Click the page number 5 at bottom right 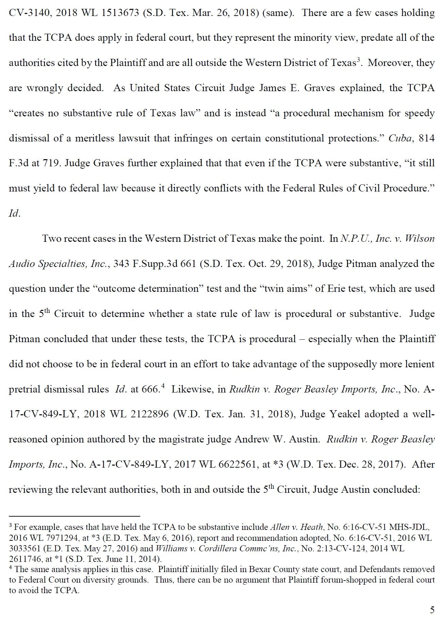click(432, 609)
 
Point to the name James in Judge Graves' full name click(273, 88)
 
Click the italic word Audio click(22, 264)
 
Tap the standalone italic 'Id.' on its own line click(14, 214)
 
